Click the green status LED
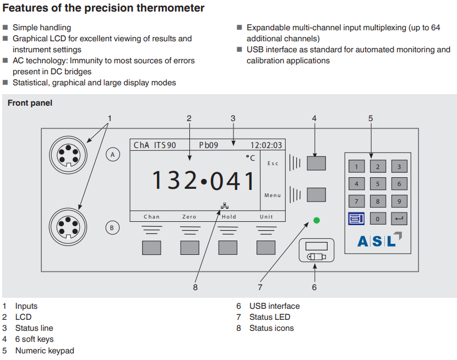tap(317, 220)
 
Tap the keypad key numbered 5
tap(378, 184)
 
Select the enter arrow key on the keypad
tap(399, 219)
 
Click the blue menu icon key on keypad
tap(356, 219)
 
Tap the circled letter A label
tap(112, 155)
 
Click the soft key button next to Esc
tap(316, 163)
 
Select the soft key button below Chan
tap(151, 247)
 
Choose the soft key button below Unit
tap(266, 247)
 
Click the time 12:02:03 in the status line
tap(266, 145)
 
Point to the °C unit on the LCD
tap(251, 158)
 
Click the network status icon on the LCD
tap(224, 206)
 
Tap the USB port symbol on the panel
tap(317, 257)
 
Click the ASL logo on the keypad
tap(379, 241)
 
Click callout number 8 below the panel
tap(195, 287)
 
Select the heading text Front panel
tap(30, 103)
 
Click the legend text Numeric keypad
tap(45, 351)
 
